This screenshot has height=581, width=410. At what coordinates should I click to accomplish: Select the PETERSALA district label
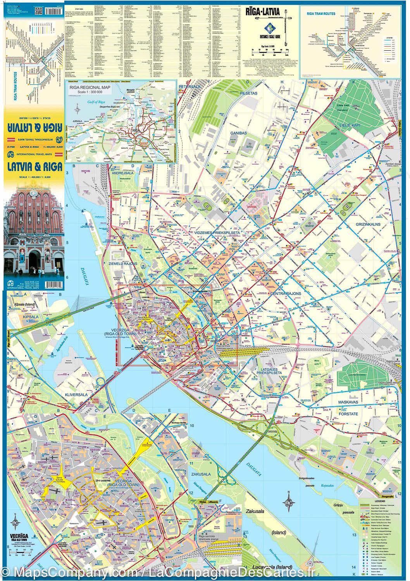click(x=189, y=87)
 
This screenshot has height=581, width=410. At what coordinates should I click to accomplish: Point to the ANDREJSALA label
click(x=122, y=173)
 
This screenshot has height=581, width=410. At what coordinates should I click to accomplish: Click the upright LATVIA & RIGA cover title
click(x=34, y=167)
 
